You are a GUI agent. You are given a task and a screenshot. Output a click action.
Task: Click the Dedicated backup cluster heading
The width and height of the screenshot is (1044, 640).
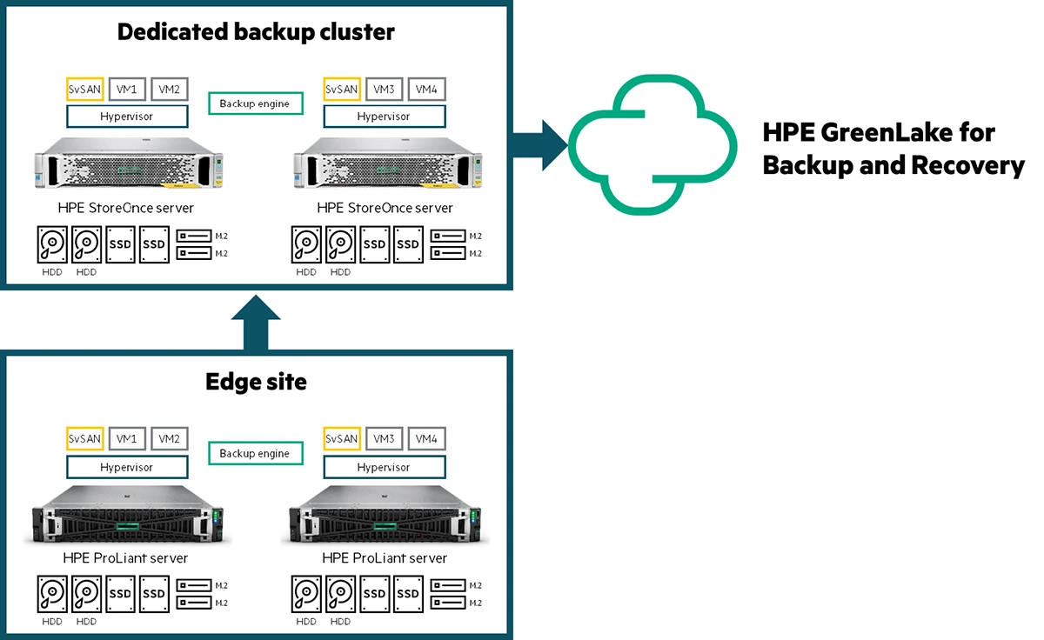(x=256, y=32)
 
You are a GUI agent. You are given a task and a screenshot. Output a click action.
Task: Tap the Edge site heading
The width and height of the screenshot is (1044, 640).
(x=256, y=382)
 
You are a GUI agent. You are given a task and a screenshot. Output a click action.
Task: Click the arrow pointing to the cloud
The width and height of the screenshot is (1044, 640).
(x=539, y=144)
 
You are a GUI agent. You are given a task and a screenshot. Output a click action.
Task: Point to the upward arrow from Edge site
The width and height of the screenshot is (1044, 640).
(x=256, y=322)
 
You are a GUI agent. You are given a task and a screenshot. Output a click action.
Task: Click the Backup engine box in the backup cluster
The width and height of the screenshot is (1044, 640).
(x=255, y=103)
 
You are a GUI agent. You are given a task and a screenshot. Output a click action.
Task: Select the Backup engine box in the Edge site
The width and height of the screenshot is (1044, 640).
(x=255, y=453)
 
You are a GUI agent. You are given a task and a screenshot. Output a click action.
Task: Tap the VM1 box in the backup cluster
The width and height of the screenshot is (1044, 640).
(x=127, y=89)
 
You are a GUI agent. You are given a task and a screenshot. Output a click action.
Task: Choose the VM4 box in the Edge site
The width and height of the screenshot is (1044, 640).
(x=425, y=439)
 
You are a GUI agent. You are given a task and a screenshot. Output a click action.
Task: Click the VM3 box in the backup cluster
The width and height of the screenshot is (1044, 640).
(x=384, y=89)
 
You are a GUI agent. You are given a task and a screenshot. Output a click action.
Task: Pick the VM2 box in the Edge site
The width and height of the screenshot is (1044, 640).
(x=169, y=439)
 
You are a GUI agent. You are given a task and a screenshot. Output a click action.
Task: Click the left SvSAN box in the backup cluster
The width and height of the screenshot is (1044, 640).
(x=84, y=89)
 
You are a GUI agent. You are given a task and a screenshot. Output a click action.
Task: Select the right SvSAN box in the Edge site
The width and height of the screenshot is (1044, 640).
(x=341, y=439)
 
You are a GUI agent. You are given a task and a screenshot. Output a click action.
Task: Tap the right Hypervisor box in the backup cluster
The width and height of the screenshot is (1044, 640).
(x=384, y=117)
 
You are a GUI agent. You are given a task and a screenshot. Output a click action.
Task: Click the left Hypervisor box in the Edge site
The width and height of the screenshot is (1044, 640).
(x=127, y=467)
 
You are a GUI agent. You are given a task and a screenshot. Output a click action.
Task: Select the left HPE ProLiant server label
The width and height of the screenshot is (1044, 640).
(x=125, y=557)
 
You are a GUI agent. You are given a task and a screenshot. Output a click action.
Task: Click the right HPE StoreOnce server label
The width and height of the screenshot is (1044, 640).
(x=385, y=208)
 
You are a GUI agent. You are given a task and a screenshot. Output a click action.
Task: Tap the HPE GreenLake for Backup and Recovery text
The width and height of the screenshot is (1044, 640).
(x=893, y=149)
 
